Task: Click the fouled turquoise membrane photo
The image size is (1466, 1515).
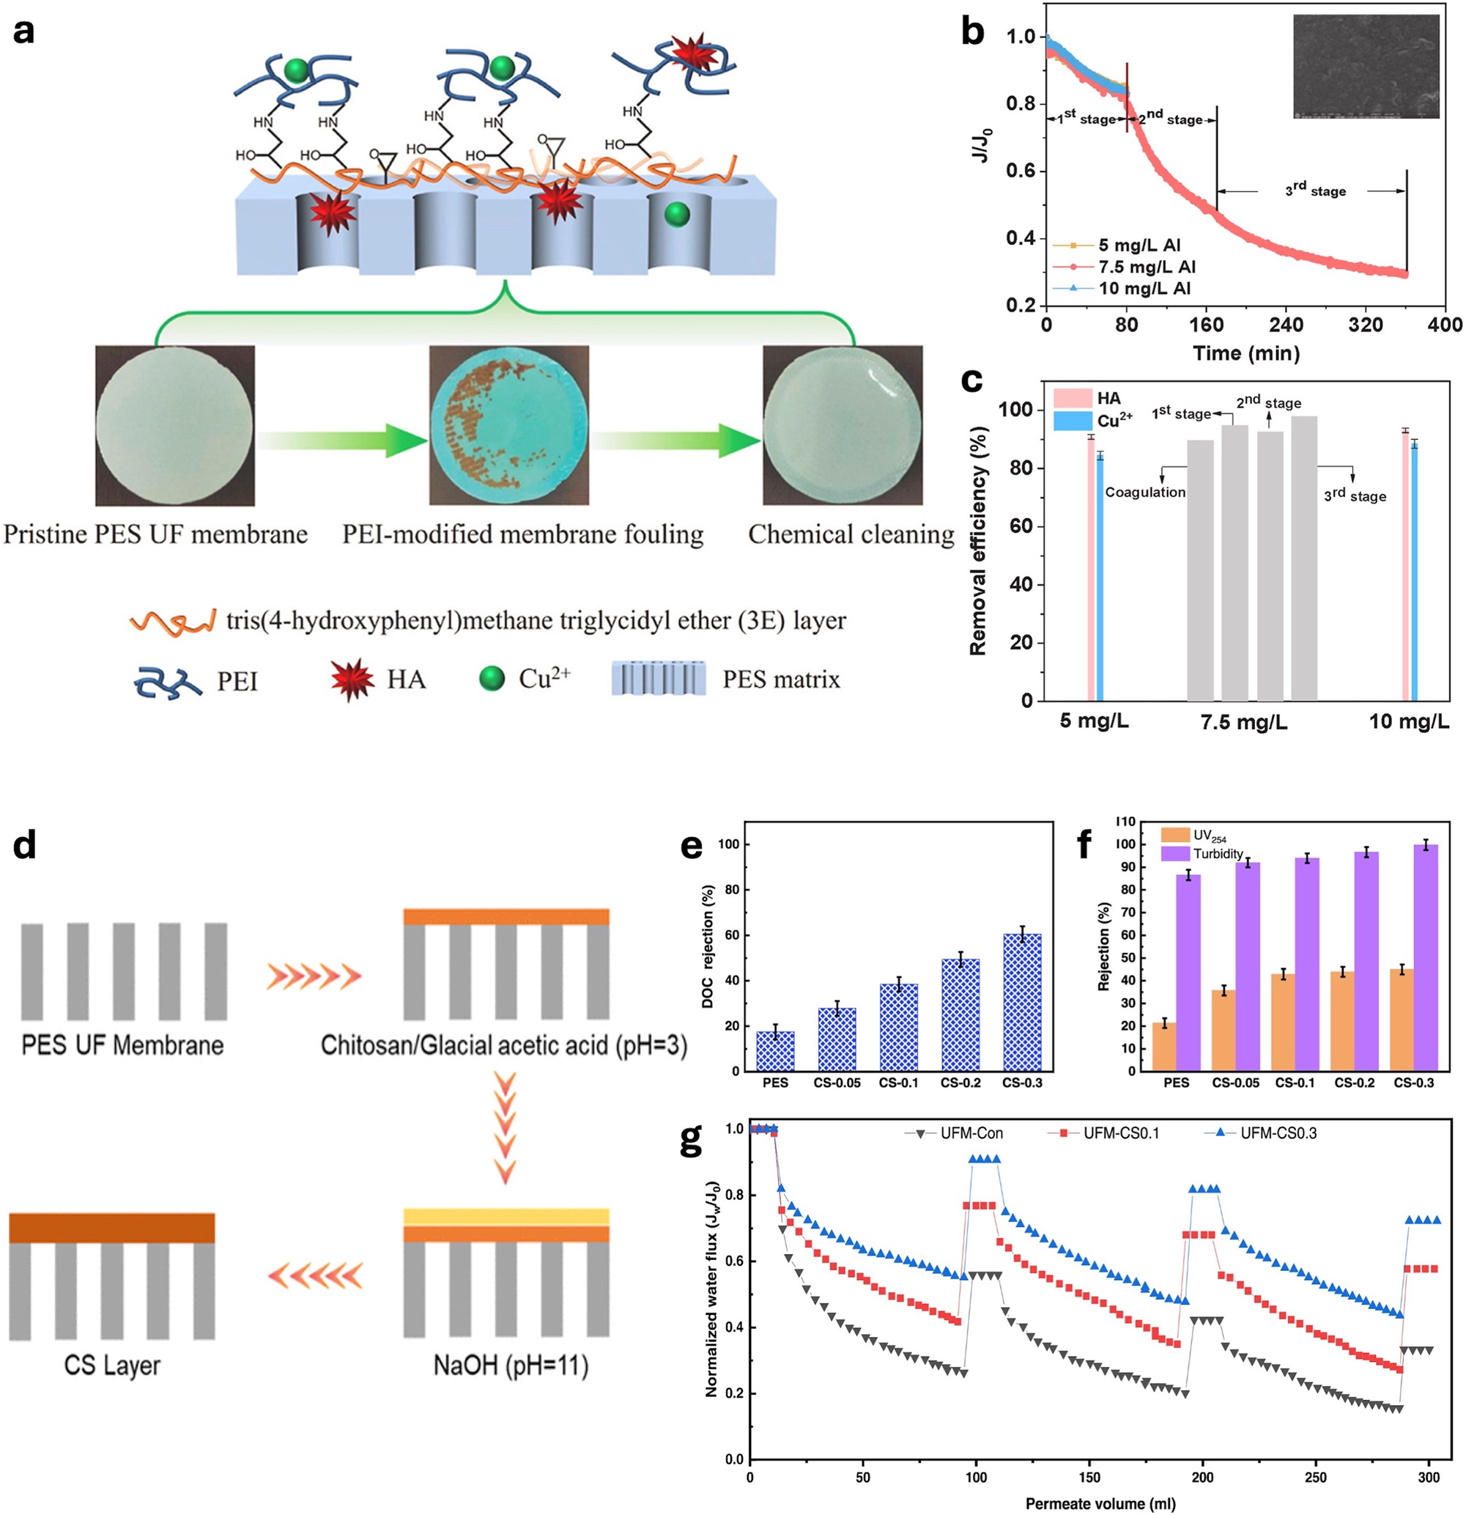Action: tap(508, 425)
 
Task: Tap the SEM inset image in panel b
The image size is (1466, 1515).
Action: tap(1366, 67)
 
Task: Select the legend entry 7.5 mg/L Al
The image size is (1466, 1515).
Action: tap(1146, 267)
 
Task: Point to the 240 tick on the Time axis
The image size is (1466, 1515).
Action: tap(1284, 325)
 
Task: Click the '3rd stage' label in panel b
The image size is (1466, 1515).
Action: tap(1315, 191)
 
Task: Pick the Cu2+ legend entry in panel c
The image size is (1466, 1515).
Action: tap(1114, 421)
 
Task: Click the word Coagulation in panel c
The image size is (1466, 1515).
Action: tap(1144, 493)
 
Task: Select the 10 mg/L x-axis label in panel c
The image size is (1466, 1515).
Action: tap(1409, 722)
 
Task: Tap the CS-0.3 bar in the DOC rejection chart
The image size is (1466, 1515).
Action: tap(1021, 1002)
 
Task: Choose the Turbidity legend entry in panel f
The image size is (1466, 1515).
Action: tap(1217, 854)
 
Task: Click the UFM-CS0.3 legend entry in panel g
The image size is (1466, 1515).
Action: tap(1278, 1133)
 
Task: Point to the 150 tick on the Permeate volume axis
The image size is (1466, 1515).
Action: tap(1089, 1477)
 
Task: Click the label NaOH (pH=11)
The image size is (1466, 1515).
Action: tap(511, 1365)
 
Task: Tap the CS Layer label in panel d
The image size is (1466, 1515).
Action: tap(112, 1365)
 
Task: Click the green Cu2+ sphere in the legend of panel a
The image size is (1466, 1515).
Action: tap(492, 679)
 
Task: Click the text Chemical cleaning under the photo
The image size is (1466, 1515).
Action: tap(851, 534)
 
